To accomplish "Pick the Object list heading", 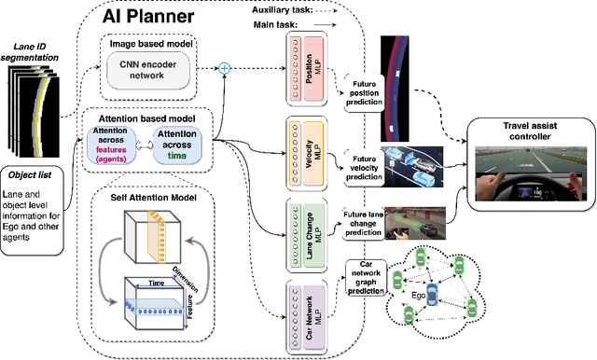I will pyautogui.click(x=30, y=174).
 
